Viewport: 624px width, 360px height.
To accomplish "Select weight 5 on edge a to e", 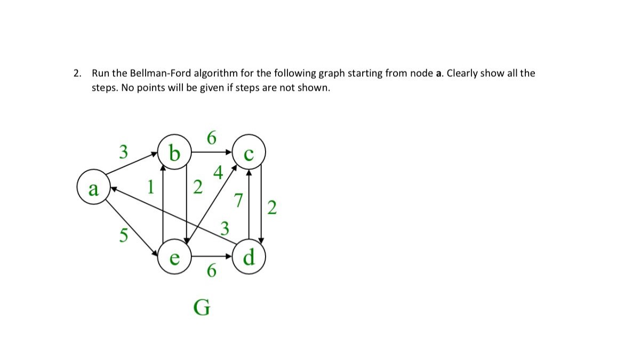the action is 123,235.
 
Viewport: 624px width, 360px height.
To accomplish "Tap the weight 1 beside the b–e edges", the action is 151,187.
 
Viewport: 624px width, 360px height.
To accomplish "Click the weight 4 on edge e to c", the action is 218,174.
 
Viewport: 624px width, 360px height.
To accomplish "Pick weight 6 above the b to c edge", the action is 211,138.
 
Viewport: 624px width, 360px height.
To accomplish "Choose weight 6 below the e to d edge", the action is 211,271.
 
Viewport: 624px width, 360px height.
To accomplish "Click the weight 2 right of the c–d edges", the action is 272,208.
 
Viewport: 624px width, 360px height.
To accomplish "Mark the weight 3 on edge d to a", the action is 225,229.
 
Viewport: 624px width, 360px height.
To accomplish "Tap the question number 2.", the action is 77,73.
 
